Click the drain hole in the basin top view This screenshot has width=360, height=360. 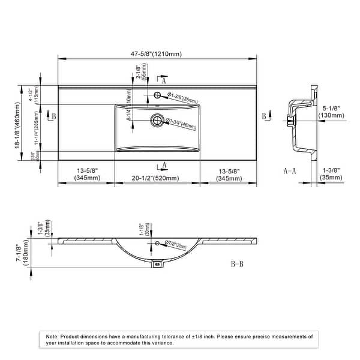(157, 120)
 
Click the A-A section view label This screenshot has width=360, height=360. (290, 171)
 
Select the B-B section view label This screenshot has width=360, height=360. (237, 264)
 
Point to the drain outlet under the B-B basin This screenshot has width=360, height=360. (157, 263)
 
